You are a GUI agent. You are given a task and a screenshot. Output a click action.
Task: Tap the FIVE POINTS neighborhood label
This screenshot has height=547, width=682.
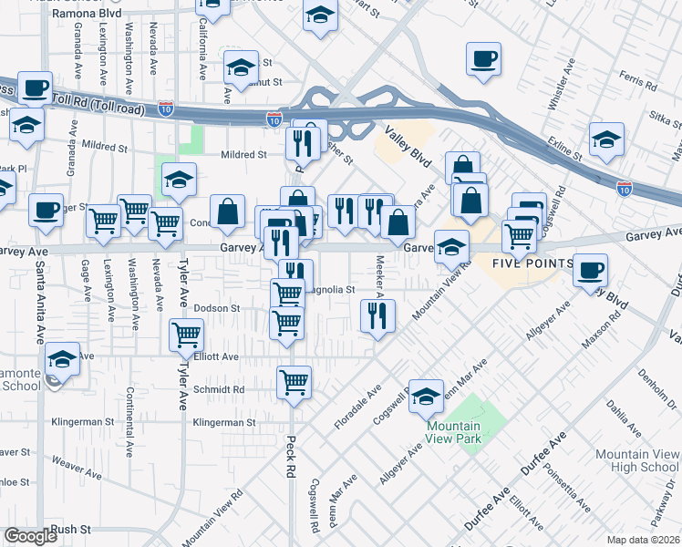click(x=533, y=264)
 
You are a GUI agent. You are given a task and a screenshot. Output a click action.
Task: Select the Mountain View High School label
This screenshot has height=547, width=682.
click(x=636, y=460)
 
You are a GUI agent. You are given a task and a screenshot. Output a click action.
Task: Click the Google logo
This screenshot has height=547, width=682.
click(x=30, y=536)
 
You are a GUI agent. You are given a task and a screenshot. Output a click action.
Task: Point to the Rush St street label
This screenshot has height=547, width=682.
click(x=72, y=529)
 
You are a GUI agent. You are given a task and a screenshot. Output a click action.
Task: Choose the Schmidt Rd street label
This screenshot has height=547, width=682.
click(x=219, y=389)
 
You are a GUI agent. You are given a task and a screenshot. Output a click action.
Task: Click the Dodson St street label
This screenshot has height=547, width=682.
click(x=216, y=308)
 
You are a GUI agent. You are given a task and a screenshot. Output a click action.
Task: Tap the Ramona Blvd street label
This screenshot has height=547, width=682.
click(x=88, y=15)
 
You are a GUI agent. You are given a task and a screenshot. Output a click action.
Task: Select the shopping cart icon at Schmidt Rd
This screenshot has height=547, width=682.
click(x=294, y=381)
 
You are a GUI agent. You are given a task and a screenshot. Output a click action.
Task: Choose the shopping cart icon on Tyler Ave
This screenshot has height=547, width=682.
click(x=186, y=334)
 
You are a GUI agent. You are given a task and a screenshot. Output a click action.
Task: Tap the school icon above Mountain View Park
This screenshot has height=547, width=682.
click(x=425, y=395)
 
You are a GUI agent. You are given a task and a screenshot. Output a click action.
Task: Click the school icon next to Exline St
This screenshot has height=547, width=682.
click(x=606, y=139)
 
